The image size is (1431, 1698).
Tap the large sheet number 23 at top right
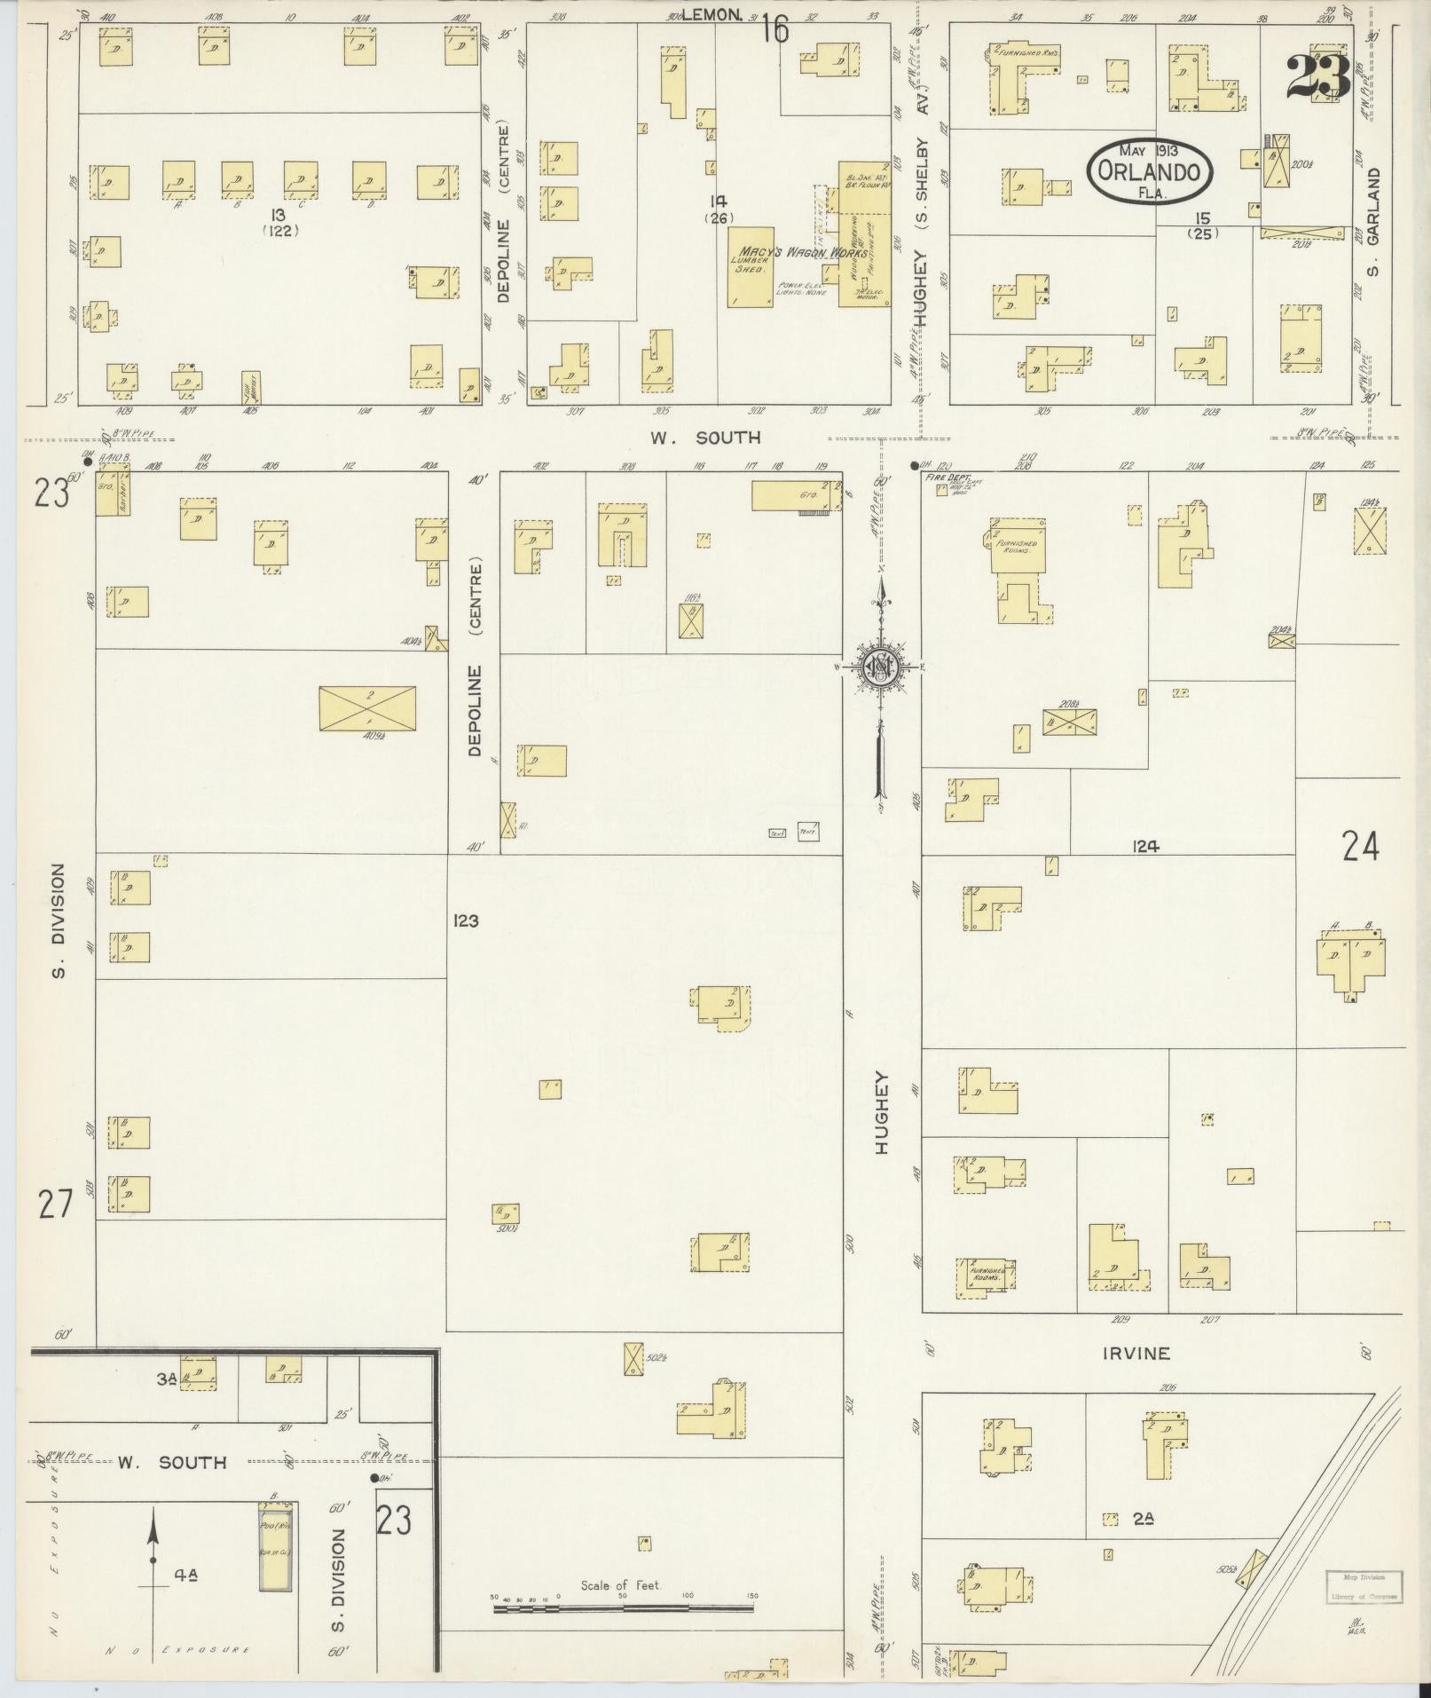pos(1318,78)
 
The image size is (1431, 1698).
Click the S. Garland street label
pos(1374,222)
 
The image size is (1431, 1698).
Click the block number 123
pos(466,920)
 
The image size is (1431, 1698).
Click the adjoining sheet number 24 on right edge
pos(1360,848)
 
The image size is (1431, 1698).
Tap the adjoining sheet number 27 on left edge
pos(53,1205)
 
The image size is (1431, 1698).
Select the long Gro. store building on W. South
pos(796,495)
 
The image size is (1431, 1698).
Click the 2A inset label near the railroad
pos(1144,1520)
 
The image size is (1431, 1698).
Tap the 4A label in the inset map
pos(185,1575)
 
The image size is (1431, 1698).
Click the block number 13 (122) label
pos(282,222)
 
